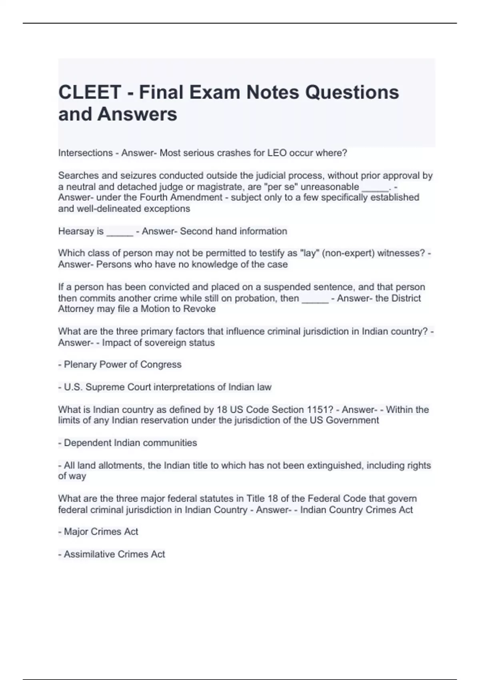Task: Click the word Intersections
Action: (85, 153)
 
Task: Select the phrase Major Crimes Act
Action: (101, 532)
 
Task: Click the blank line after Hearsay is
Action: (120, 232)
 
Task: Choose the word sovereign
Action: (172, 343)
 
